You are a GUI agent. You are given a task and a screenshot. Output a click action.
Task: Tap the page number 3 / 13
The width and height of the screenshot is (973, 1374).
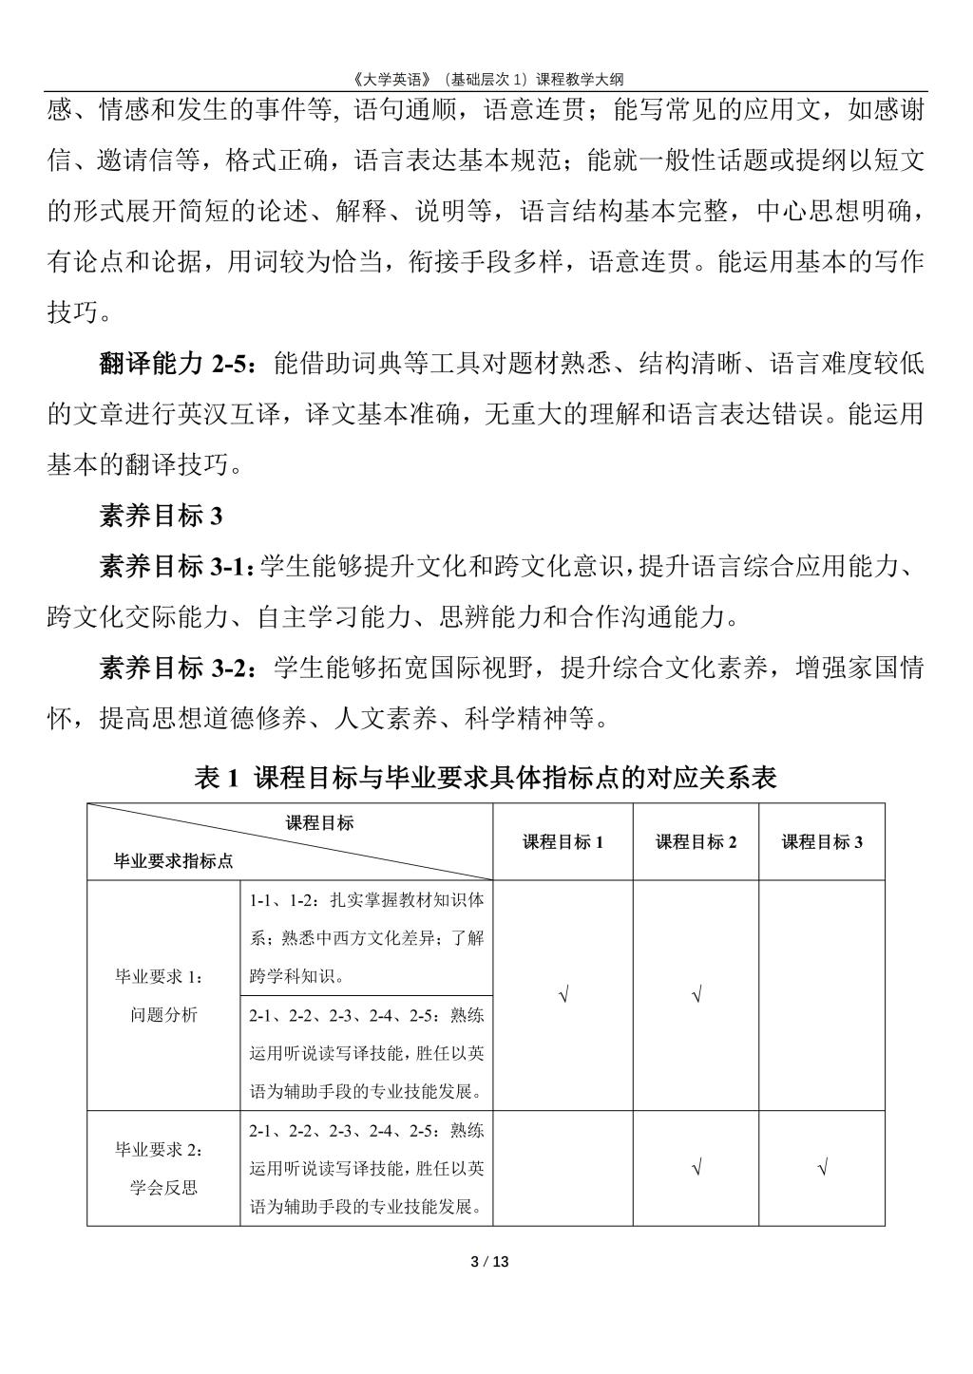coord(490,1262)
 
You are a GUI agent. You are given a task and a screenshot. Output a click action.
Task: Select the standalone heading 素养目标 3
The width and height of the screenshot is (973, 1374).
coord(161,516)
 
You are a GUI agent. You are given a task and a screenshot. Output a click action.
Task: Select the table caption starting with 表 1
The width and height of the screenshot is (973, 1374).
coord(486,778)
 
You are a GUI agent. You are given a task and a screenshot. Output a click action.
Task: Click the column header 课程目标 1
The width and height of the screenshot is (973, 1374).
coord(563,842)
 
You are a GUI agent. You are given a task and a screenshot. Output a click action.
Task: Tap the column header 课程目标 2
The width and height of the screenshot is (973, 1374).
coord(696,842)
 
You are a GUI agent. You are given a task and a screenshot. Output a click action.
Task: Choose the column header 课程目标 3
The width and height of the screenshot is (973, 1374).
coord(822,842)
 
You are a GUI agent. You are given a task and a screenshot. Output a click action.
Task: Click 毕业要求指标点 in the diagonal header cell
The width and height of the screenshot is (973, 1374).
coord(174,861)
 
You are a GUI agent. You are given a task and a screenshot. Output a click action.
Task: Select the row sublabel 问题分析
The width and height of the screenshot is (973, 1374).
coord(163,1014)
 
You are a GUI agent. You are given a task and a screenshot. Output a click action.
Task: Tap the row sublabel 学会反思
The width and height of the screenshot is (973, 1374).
coord(163,1187)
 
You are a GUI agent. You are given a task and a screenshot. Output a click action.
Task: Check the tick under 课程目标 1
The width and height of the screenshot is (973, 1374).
coord(563,995)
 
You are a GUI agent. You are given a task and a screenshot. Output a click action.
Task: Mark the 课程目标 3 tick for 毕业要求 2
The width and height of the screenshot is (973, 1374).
coord(822,1168)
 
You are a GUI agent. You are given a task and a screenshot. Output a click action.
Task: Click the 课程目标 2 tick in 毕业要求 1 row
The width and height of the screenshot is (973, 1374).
coord(696,995)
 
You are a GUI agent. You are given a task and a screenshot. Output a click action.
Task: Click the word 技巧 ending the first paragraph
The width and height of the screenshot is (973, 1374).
coord(72,312)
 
